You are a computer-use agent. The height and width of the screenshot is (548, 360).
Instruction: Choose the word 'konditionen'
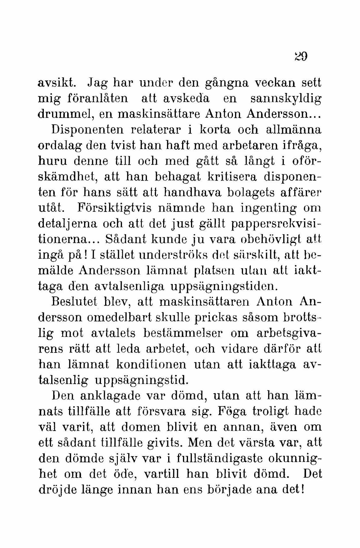[151, 365]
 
